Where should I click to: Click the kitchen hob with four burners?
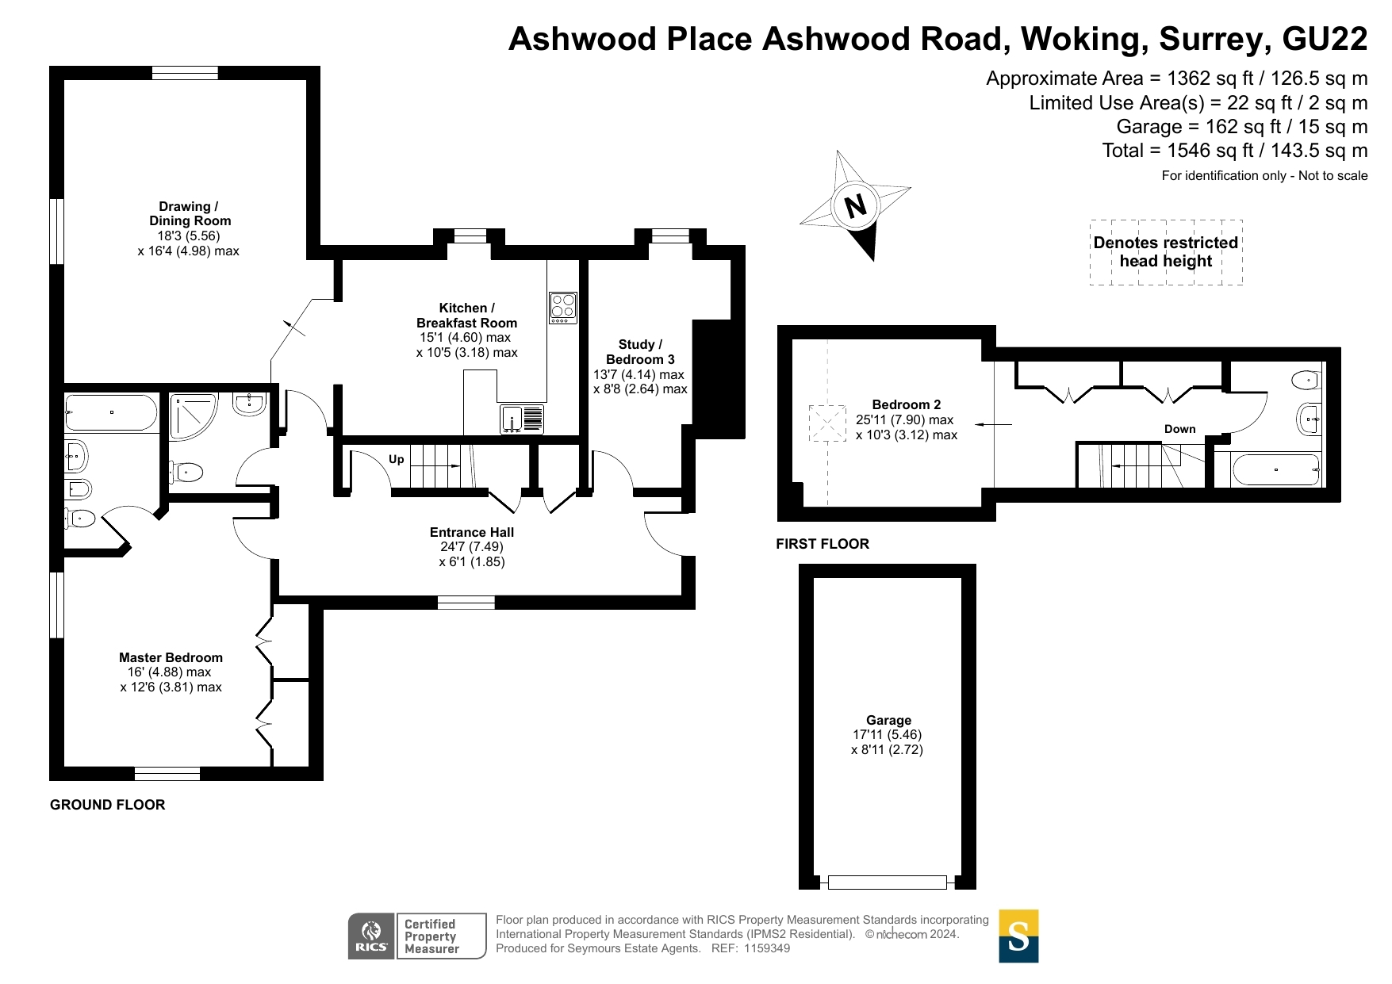point(563,308)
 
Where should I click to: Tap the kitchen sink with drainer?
point(523,419)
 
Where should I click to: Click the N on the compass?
point(855,206)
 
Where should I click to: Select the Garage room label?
point(888,720)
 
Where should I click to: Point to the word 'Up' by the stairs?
point(397,459)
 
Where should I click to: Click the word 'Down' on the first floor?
point(1179,429)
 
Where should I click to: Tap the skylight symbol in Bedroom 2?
point(827,423)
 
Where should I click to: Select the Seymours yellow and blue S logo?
point(1018,936)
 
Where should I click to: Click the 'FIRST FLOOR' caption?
point(823,544)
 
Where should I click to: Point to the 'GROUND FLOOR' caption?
point(108,805)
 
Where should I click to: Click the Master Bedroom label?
point(171,657)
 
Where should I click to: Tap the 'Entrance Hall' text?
point(472,533)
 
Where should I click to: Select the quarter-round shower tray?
point(193,416)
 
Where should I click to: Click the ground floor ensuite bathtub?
point(111,412)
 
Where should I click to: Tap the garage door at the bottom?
point(888,882)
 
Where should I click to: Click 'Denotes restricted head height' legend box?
point(1166,252)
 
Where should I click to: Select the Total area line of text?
point(1235,151)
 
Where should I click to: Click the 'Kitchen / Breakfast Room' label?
point(467,316)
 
